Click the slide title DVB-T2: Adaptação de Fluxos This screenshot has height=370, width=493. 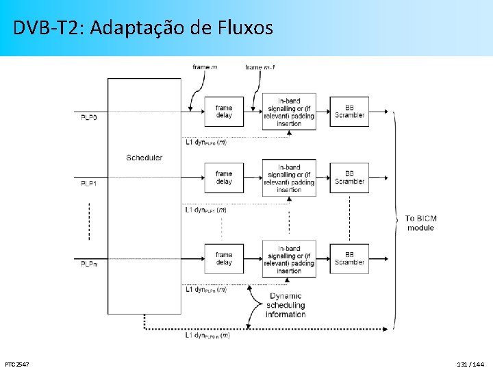[143, 28]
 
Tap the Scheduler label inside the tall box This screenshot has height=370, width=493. [144, 158]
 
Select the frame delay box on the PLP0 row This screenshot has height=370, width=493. [224, 112]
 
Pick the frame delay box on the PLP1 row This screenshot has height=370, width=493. [224, 178]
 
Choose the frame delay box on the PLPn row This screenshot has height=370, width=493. [224, 259]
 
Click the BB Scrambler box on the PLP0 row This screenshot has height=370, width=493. [349, 112]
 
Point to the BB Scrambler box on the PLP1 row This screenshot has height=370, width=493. [349, 178]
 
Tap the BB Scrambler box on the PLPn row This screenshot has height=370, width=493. [349, 259]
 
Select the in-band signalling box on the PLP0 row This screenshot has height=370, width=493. [289, 112]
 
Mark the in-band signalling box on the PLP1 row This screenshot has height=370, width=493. [289, 178]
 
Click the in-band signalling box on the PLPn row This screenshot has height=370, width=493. [289, 259]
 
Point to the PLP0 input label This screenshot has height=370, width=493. [89, 118]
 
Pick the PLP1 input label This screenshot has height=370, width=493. [89, 184]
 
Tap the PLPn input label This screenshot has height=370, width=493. [89, 264]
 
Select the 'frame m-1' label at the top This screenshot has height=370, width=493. [260, 67]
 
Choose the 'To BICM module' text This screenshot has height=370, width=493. [420, 223]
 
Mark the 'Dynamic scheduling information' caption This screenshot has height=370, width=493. [286, 306]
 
